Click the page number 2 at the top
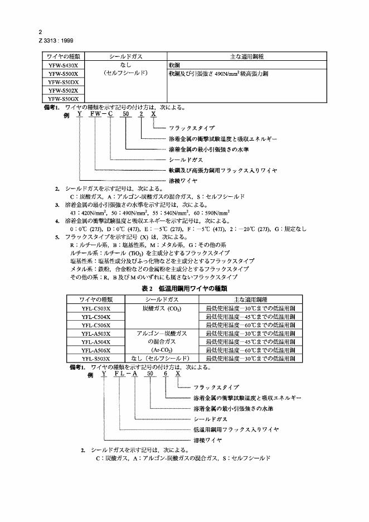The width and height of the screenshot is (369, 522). [40, 32]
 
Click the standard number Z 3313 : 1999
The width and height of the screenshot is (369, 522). [56, 40]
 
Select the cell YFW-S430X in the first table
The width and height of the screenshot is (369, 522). [63, 65]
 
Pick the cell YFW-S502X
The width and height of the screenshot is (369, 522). [63, 90]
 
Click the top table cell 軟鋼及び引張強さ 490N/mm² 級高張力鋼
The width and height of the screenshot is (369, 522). [215, 74]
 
